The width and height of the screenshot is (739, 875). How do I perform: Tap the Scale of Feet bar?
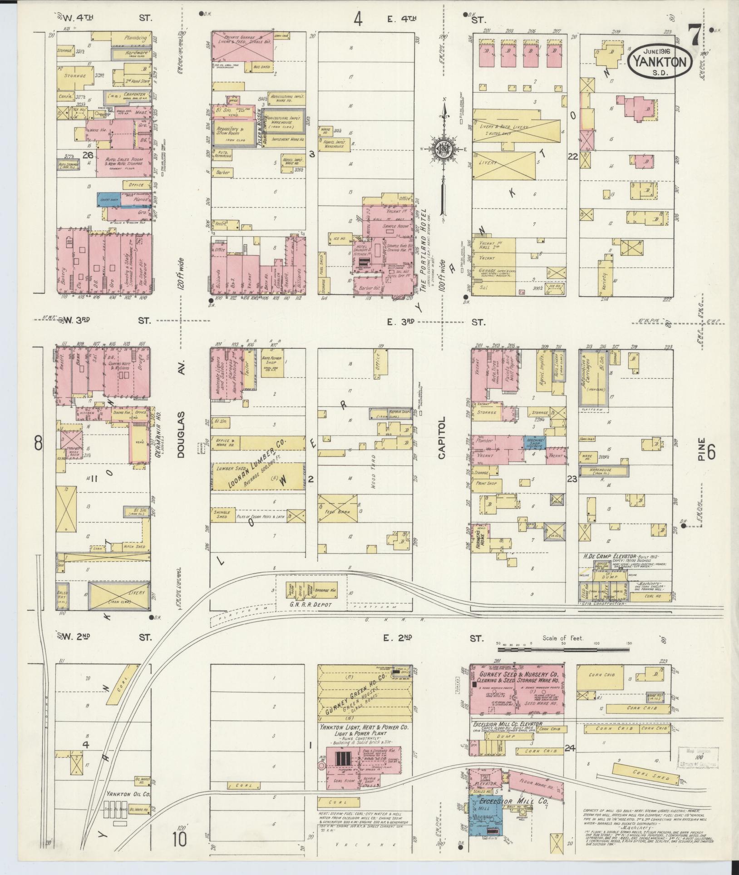[563, 650]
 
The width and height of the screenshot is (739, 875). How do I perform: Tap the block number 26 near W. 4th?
[88, 155]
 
